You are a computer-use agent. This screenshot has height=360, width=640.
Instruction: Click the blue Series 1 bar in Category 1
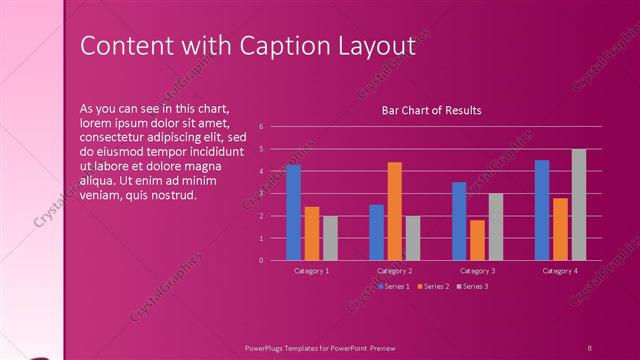coord(293,212)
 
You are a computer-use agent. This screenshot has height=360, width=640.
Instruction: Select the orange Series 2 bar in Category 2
coord(394,211)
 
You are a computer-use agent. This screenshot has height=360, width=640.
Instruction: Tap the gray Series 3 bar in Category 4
coord(579,204)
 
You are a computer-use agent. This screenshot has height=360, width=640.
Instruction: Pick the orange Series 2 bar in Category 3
coord(477,240)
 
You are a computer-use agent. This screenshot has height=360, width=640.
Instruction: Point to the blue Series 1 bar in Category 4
coord(542,210)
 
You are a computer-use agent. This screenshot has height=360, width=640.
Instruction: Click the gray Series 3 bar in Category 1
coord(330,238)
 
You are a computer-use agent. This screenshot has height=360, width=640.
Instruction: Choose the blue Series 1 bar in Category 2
coord(376,232)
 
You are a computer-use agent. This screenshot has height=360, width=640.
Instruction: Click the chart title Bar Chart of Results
coord(432,110)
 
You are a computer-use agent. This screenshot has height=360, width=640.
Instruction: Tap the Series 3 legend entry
coord(471,287)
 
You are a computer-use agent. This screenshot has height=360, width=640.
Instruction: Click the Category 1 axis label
coord(312,271)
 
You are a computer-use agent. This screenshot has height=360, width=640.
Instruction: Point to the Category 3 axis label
coord(477,271)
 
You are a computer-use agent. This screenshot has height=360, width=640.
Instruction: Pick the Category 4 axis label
coord(560,271)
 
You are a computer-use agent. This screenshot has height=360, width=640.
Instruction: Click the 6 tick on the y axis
coord(260,127)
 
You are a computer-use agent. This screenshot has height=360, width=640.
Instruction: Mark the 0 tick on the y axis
coord(260,260)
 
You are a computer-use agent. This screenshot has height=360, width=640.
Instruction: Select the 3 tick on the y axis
coord(260,194)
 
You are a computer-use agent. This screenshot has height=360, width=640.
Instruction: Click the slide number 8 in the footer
coord(589,347)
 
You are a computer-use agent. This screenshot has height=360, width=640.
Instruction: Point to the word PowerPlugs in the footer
coord(268,347)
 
